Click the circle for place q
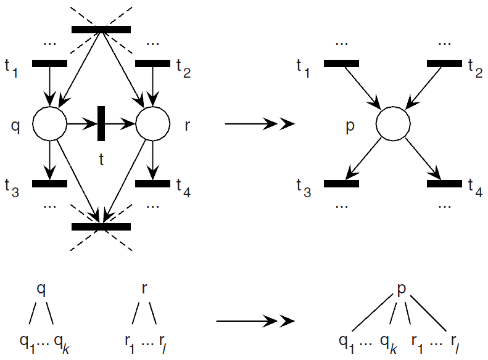pyautogui.click(x=49, y=125)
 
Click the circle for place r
pyautogui.click(x=152, y=125)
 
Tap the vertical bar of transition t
pyautogui.click(x=101, y=124)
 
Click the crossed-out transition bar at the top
pyautogui.click(x=101, y=29)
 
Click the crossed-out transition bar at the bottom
pyautogui.click(x=101, y=227)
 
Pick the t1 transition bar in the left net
pyautogui.click(x=49, y=63)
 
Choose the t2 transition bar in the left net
pyautogui.click(x=152, y=63)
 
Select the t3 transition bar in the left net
pyautogui.click(x=49, y=183)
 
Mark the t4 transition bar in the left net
pyautogui.click(x=152, y=183)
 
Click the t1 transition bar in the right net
pyautogui.click(x=341, y=63)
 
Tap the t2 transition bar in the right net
pyautogui.click(x=444, y=63)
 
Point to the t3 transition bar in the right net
pyautogui.click(x=341, y=183)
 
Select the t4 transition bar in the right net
pyautogui.click(x=444, y=183)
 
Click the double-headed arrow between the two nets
pyautogui.click(x=260, y=125)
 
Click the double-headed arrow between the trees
pyautogui.click(x=255, y=321)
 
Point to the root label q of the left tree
pyautogui.click(x=41, y=289)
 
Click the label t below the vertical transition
pyautogui.click(x=101, y=160)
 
